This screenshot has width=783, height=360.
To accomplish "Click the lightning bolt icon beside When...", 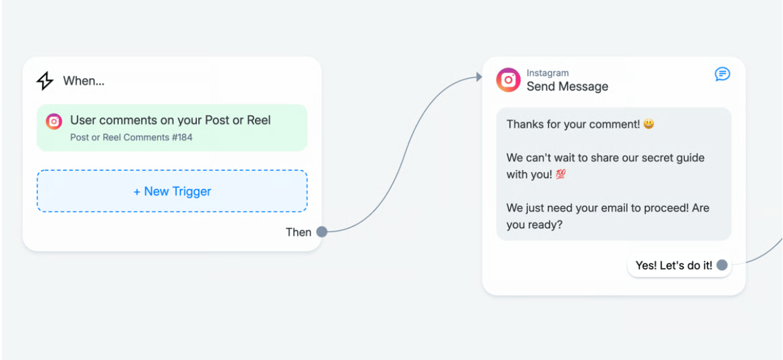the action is click(x=45, y=81).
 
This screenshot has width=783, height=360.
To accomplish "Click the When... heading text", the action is click(x=84, y=81).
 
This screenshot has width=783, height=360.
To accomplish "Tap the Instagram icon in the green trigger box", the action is click(x=54, y=121).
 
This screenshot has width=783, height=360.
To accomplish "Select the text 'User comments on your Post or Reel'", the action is click(x=171, y=120).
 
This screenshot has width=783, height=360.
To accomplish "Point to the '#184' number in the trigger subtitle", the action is click(x=182, y=137).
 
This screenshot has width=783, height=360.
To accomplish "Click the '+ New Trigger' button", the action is click(x=172, y=191).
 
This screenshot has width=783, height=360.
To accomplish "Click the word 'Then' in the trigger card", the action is click(x=298, y=232).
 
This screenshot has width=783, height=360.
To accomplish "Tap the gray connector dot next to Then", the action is click(x=322, y=232).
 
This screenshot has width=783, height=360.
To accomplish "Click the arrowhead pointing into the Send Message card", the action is click(x=479, y=77).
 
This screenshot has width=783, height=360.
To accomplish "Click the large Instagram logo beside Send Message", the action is click(x=508, y=80).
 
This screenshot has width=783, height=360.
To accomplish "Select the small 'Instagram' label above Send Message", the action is click(x=548, y=73).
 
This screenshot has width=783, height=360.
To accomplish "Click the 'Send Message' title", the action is click(x=567, y=86).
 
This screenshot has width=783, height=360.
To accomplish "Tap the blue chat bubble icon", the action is click(x=722, y=74).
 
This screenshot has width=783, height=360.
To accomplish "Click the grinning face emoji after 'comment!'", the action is click(x=649, y=124).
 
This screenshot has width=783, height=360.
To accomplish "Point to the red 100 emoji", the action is click(x=561, y=174).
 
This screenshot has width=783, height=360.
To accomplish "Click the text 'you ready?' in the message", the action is click(x=534, y=225).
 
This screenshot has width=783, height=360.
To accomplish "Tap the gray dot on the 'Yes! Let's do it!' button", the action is click(x=722, y=266).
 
